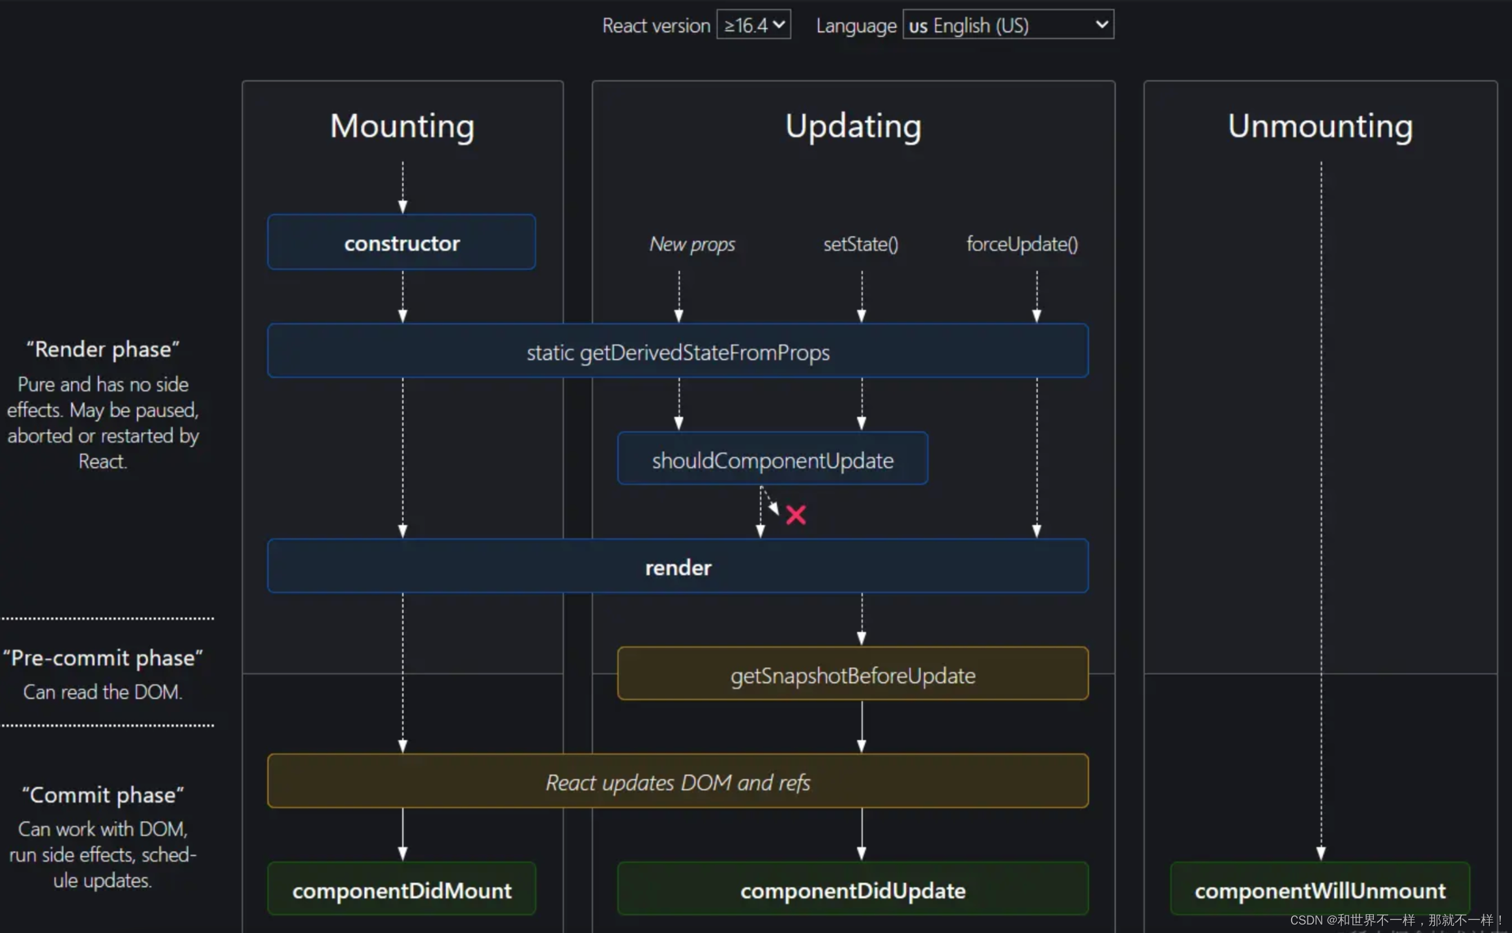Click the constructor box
[x=401, y=242]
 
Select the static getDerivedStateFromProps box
[x=678, y=352]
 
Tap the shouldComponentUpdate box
[x=772, y=459]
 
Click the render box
[x=678, y=567]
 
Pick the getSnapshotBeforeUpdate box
[x=852, y=674]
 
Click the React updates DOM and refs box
[x=678, y=781]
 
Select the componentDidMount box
[x=401, y=889]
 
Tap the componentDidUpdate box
[x=852, y=889]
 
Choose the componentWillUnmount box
[x=1320, y=889]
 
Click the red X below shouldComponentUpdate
[x=796, y=515]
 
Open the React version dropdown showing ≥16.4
[x=753, y=25]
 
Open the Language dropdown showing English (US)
[x=1008, y=25]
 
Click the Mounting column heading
[x=402, y=126]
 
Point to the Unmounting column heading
[x=1320, y=126]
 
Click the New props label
[x=692, y=244]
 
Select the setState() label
[x=860, y=244]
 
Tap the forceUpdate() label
[x=1022, y=244]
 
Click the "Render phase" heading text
[x=103, y=349]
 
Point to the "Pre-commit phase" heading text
[x=103, y=657]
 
